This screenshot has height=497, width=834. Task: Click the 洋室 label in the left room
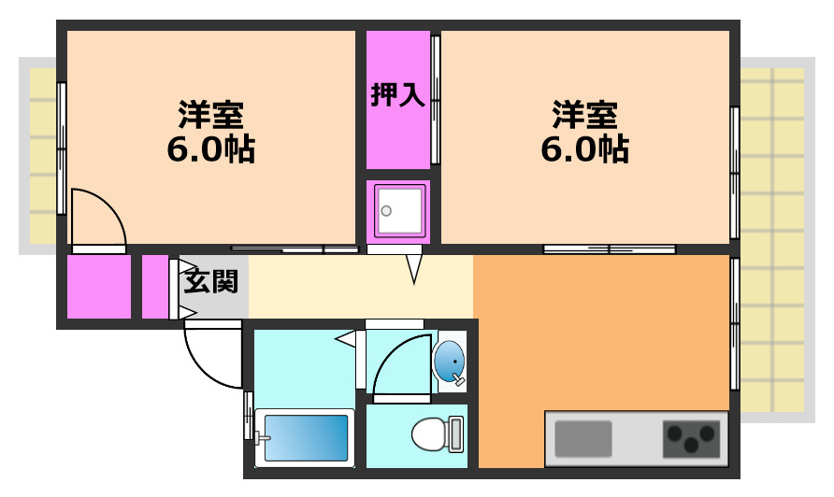pos(211,115)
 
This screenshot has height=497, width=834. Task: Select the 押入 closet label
pos(397,95)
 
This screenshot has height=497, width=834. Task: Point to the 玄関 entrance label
pos(210,280)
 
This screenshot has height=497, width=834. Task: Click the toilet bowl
pos(429,434)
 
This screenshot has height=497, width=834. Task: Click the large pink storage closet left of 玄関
pos(98,286)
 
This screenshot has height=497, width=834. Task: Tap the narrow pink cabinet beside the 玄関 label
pos(154,286)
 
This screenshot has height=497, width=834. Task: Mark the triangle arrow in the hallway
pos(414,269)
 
